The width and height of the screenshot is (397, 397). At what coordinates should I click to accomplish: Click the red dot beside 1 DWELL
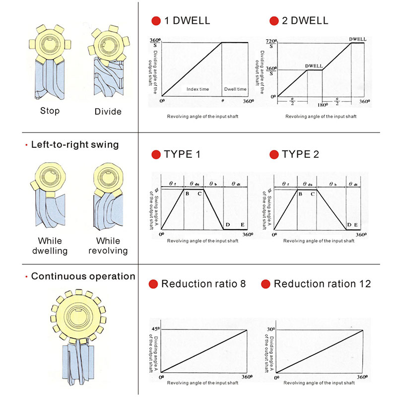point(156,21)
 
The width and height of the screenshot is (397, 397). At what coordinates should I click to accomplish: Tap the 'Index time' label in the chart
point(198,89)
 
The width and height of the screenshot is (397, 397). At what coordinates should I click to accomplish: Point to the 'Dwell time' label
point(235,89)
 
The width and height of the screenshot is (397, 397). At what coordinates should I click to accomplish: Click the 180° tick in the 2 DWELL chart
point(321,105)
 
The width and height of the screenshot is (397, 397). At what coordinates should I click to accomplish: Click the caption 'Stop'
point(50,111)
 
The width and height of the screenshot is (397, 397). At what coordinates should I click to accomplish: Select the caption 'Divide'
point(108,111)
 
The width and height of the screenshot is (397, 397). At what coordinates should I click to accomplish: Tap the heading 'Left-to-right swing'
point(75,145)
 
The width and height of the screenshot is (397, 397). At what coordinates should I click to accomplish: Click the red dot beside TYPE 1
point(156,154)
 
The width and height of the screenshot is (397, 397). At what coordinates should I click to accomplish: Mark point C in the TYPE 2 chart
point(313,194)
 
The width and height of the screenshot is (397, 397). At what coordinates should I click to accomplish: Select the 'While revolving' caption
point(108,246)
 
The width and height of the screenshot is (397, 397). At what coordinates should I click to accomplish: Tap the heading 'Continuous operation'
point(83,276)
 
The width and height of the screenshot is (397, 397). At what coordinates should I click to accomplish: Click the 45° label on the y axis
point(155,329)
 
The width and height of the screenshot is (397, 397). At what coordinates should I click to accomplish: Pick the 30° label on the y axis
point(271,329)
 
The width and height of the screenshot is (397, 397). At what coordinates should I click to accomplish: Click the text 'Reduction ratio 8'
point(203,284)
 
